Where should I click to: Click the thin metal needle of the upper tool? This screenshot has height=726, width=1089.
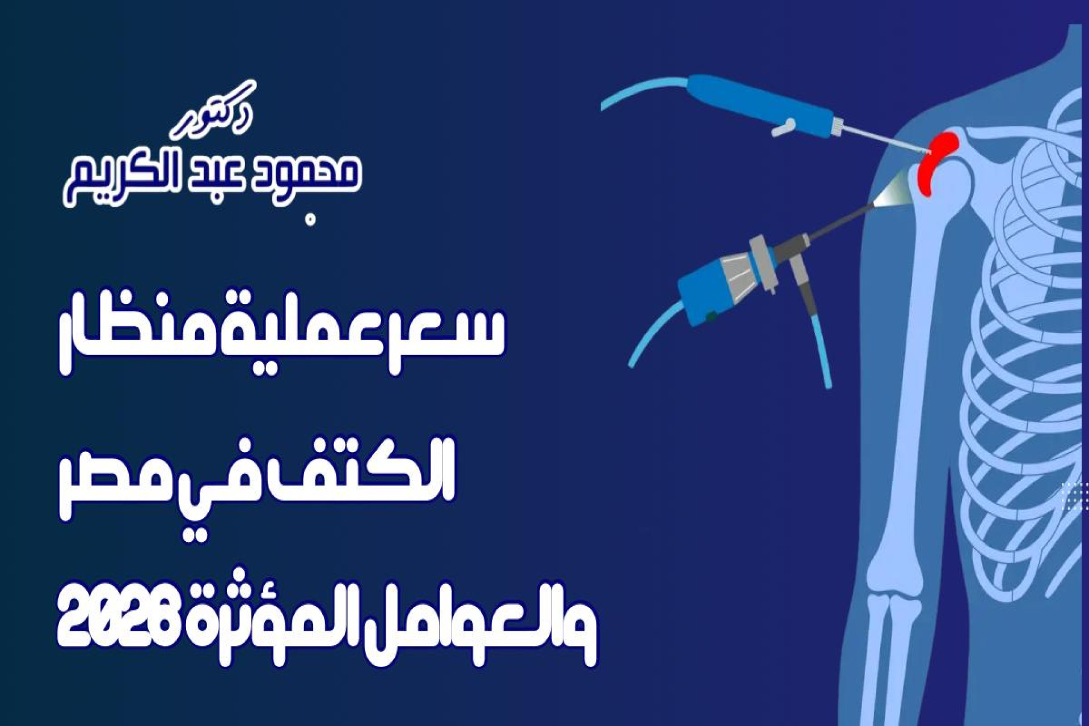click(885, 139)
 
